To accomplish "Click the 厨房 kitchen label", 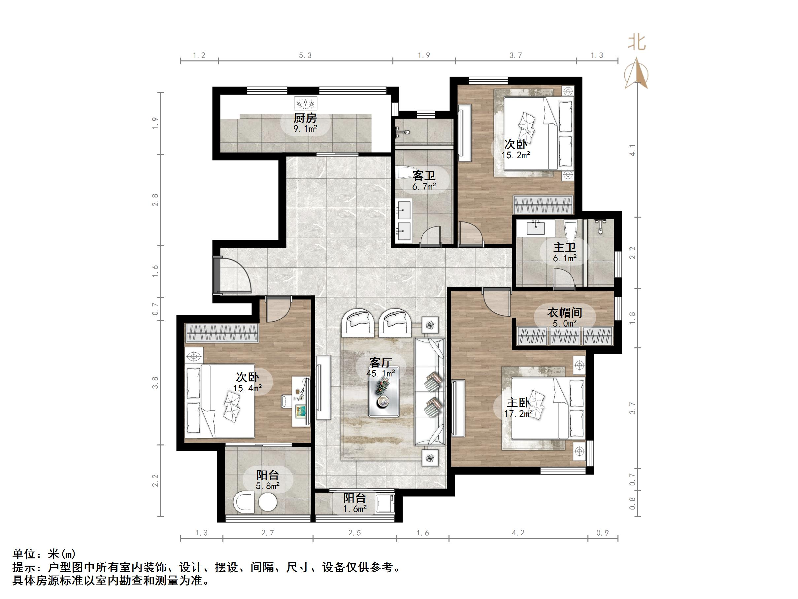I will pos(305,119).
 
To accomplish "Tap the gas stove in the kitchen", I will pos(305,104).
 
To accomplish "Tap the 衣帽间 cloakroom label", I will pos(565,313).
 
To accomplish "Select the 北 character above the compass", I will pos(637,43).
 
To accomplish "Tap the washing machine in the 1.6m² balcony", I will pos(385,504).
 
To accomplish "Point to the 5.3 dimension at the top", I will pos(305,55).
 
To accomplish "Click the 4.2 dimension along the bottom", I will pos(518,533).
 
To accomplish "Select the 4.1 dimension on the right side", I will pos(632,150).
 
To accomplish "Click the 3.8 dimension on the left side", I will pos(155,383).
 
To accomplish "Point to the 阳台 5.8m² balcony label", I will pos(267,480).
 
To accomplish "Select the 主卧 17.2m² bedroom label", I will pos(518,407).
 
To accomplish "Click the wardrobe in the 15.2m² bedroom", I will pos(543,205).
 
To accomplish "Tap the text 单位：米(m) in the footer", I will pos(44,553).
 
